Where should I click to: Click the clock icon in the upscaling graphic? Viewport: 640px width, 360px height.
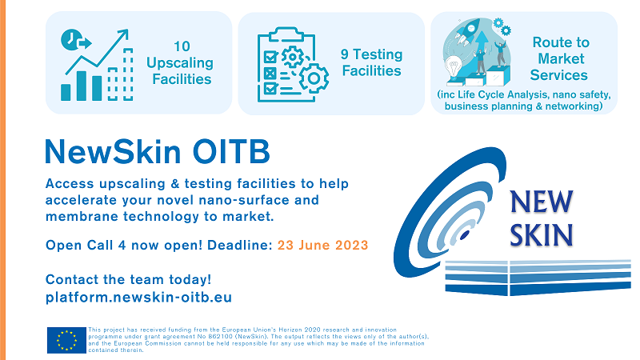(71, 39)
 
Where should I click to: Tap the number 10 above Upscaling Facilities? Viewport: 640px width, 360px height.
(182, 46)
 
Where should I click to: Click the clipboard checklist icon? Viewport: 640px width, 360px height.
(286, 65)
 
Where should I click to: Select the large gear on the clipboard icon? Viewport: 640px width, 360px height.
(314, 78)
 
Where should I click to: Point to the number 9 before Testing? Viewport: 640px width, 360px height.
(345, 54)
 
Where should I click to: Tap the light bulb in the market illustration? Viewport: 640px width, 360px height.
(454, 66)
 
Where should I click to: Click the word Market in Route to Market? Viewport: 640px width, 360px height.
(561, 58)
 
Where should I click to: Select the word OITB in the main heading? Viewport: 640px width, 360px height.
(231, 151)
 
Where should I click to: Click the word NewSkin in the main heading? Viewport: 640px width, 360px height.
(113, 151)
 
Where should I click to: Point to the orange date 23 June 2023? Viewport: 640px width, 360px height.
(323, 245)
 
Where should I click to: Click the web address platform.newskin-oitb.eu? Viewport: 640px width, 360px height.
(138, 297)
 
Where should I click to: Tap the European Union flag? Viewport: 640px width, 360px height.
(66, 340)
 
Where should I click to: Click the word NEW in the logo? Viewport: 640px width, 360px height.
(542, 202)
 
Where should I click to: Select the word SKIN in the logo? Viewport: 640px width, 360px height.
(542, 235)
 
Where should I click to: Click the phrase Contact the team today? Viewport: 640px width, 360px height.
(128, 279)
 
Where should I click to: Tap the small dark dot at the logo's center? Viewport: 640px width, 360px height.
(465, 235)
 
